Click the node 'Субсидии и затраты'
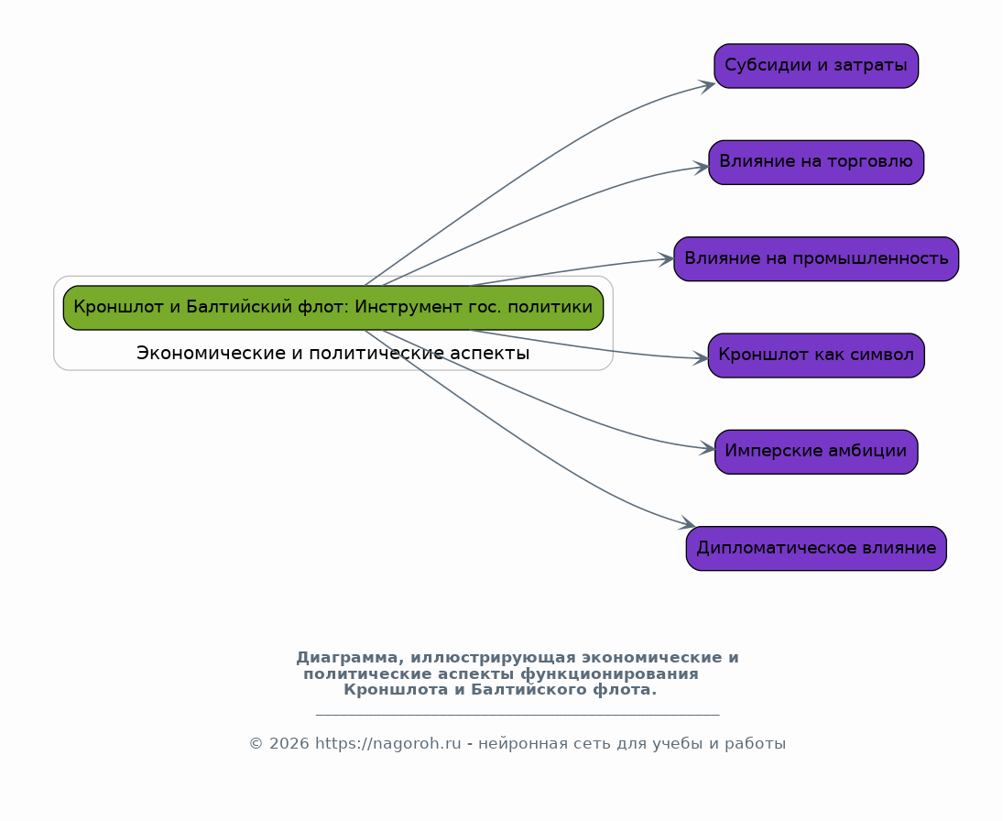click(816, 66)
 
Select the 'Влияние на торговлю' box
click(816, 162)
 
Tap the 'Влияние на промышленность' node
click(816, 259)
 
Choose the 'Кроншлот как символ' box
click(816, 356)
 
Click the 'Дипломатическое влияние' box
click(816, 549)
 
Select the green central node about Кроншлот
click(333, 308)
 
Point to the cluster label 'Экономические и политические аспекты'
click(333, 353)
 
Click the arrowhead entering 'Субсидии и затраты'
click(707, 86)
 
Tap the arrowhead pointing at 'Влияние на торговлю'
click(701, 168)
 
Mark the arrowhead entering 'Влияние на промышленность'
click(667, 259)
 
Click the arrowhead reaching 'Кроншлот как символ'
click(701, 358)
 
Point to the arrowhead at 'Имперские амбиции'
click(707, 449)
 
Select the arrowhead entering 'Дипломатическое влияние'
click(688, 523)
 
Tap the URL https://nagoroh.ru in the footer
click(387, 743)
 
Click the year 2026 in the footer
click(285, 743)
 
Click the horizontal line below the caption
click(518, 714)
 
